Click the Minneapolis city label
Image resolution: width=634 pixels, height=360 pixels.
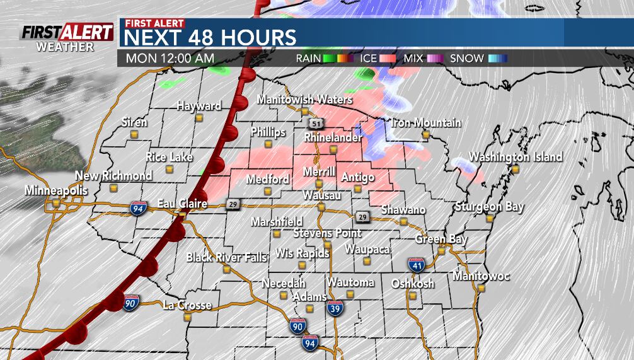pos(54,190)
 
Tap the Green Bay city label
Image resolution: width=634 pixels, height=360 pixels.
pos(441,240)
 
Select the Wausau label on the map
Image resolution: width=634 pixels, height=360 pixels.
pos(321,196)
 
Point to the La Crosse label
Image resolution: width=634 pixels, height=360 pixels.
pos(187,305)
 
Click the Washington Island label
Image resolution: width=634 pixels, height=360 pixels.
pos(516,157)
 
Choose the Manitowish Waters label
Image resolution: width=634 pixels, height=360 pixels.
pos(304,100)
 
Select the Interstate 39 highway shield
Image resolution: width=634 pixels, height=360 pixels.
pos(335,308)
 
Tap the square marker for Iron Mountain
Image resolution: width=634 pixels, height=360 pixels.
pos(426,134)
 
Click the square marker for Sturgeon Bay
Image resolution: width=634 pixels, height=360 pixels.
pos(490,218)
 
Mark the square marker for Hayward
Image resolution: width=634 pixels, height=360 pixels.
pos(199,117)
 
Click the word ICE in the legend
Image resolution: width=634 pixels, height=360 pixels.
pos(369,59)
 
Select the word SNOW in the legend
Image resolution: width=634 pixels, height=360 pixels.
pos(466,59)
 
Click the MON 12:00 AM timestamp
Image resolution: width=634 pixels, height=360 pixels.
pos(170,59)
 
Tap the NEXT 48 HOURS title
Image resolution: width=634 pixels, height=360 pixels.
pos(210,37)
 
